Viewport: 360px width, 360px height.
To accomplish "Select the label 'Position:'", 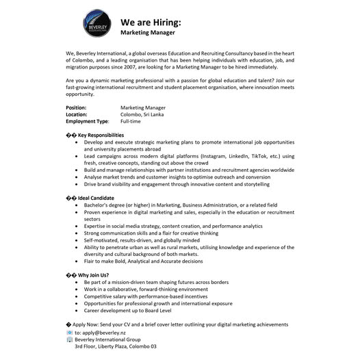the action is click(x=76, y=107).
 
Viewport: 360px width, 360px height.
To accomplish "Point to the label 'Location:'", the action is click(x=76, y=114).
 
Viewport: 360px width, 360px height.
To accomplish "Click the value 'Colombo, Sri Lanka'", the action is click(x=142, y=114).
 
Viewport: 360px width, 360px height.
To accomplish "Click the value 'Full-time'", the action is click(x=131, y=121).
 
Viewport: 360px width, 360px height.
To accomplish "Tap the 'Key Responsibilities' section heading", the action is click(x=101, y=135).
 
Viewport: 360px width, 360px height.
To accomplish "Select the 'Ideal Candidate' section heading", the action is click(x=96, y=198).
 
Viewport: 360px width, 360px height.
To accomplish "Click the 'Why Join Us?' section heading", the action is click(x=94, y=274).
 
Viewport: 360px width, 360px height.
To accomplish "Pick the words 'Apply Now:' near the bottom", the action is click(x=88, y=323).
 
